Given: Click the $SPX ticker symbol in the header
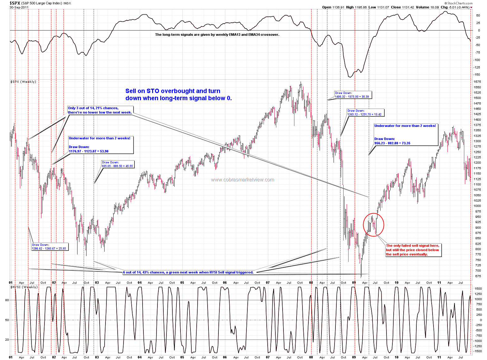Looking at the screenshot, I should tap(15, 3).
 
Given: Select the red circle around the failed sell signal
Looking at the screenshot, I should tap(373, 225).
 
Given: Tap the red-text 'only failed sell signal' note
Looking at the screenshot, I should tap(413, 250).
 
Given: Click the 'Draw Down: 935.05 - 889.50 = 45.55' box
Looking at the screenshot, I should tap(118, 164).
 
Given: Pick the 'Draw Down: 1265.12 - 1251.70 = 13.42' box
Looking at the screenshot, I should tap(365, 113).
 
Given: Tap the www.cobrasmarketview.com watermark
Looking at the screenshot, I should tap(242, 180).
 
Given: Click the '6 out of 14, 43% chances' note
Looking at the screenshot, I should tap(188, 272).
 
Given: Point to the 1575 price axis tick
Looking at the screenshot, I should tap(477, 82).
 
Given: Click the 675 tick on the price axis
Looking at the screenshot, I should tap(477, 276).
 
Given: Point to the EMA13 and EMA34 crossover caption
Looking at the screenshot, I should tap(217, 35).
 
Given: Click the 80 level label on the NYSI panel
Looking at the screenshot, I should tap(7, 300).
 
